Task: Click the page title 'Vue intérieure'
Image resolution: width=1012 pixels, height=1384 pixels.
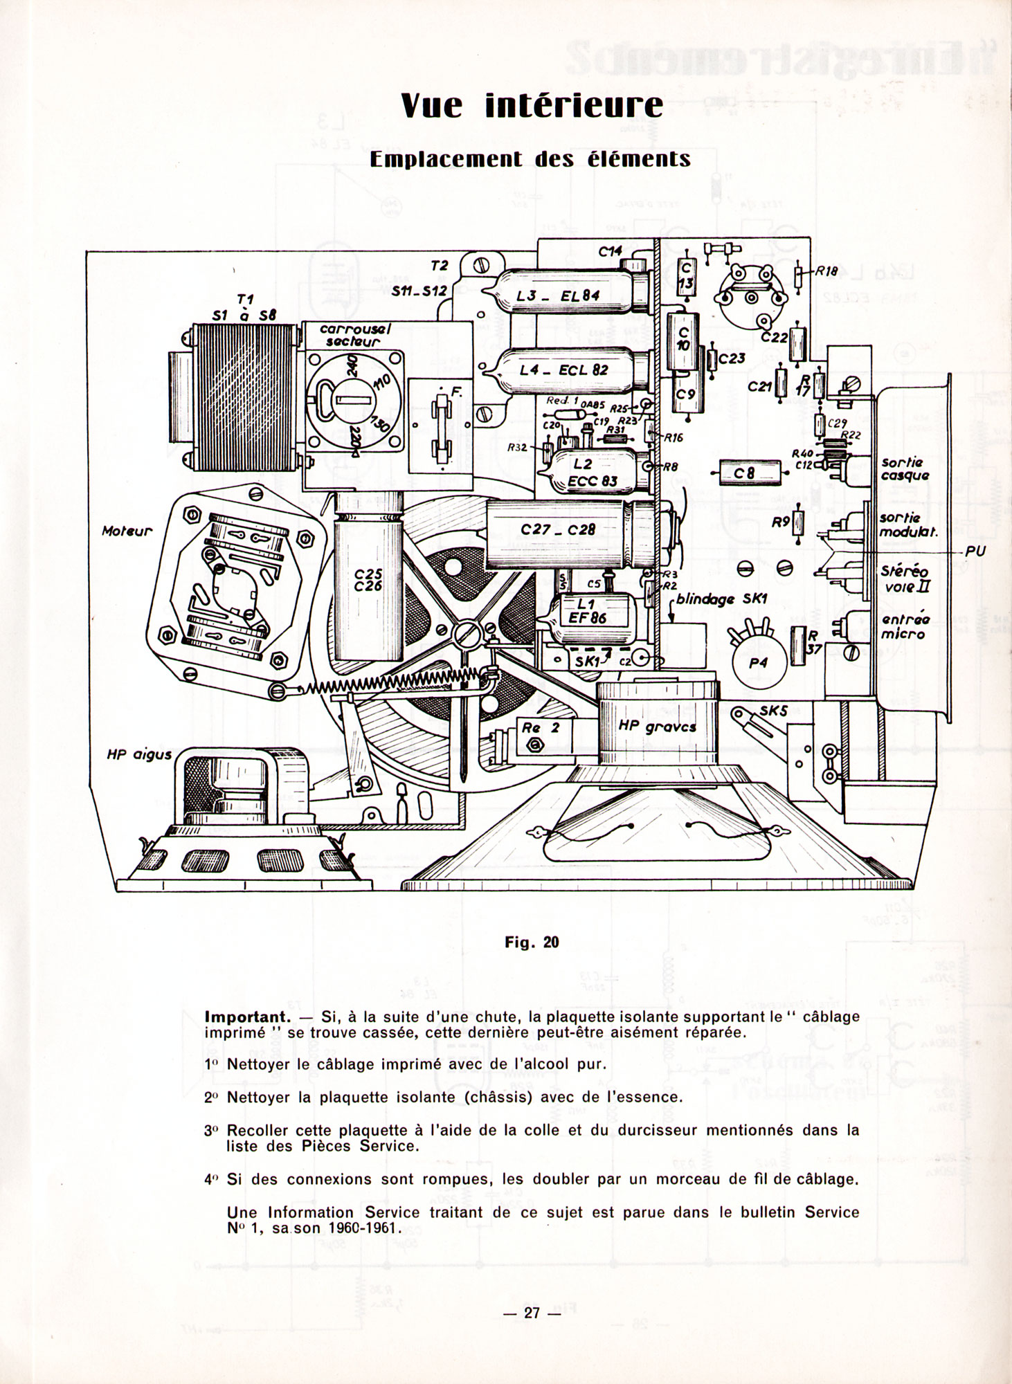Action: (x=532, y=107)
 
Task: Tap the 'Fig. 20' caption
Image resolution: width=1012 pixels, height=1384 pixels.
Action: (x=532, y=942)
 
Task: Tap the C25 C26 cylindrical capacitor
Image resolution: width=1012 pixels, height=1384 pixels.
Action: (x=363, y=581)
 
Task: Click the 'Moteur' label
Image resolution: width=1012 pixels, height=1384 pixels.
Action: (x=127, y=532)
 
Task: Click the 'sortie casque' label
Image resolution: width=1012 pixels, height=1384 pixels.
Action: (x=905, y=469)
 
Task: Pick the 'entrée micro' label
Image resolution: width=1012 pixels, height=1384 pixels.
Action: (x=905, y=626)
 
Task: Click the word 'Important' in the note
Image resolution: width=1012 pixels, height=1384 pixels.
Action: (x=246, y=1018)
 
